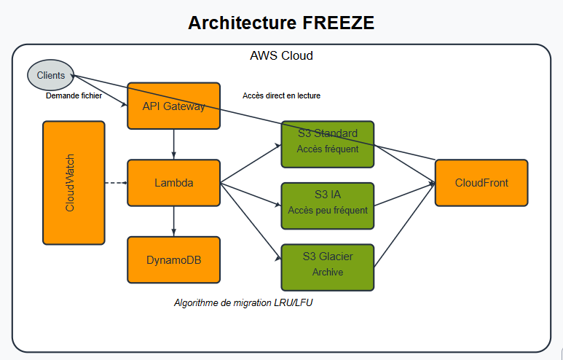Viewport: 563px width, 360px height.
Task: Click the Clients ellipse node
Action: [51, 75]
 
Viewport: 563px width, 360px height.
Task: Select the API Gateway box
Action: [173, 106]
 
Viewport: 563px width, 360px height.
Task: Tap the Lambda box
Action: [173, 183]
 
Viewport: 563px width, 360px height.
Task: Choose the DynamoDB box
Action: [173, 259]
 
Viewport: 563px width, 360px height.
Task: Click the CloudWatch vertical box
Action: [74, 183]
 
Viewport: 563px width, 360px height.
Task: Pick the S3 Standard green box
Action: [327, 141]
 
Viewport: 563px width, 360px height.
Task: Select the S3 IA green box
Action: [327, 203]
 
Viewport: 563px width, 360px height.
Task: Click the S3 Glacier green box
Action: [327, 265]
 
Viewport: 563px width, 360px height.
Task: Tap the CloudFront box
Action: [481, 182]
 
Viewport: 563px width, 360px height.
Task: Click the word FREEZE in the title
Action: [338, 23]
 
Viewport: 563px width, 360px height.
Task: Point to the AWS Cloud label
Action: [281, 55]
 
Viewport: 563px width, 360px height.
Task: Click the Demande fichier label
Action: [74, 95]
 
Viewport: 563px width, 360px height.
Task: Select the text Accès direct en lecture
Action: [281, 95]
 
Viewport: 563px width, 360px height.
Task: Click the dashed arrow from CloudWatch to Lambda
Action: [116, 183]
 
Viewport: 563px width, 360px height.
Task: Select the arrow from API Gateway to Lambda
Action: [173, 144]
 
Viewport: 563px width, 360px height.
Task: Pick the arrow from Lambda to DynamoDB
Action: [173, 221]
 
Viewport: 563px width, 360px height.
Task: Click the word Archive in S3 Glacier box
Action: [327, 273]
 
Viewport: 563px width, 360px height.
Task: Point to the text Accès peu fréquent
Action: [327, 211]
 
